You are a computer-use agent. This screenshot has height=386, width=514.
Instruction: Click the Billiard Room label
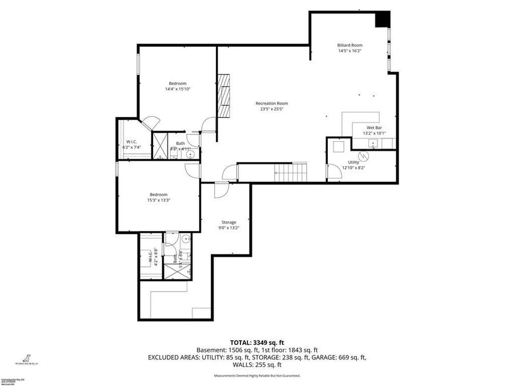[350, 45]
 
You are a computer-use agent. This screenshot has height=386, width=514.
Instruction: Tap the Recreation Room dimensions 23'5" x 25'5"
[271, 109]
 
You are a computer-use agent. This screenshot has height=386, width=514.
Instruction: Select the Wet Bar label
[375, 128]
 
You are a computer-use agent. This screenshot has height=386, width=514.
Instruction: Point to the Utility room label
[354, 162]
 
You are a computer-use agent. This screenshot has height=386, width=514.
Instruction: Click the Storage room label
[229, 222]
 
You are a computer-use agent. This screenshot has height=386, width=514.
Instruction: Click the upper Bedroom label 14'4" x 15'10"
[178, 83]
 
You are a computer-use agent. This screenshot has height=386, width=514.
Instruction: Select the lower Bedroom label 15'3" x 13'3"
[159, 194]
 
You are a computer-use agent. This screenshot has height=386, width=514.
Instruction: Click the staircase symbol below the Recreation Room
[290, 170]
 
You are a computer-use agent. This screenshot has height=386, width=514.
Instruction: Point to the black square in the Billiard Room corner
[382, 19]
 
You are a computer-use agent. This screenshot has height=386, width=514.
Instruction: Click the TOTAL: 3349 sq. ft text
[257, 341]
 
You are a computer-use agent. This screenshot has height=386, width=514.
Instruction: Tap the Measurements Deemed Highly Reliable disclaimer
[257, 376]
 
